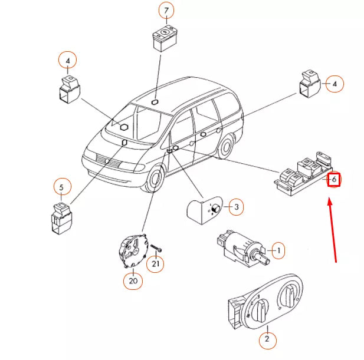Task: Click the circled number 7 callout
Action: (166, 11)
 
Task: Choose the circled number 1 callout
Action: (277, 250)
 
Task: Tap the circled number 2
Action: (267, 339)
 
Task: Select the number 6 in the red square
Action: (334, 179)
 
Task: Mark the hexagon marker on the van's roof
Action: (155, 101)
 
